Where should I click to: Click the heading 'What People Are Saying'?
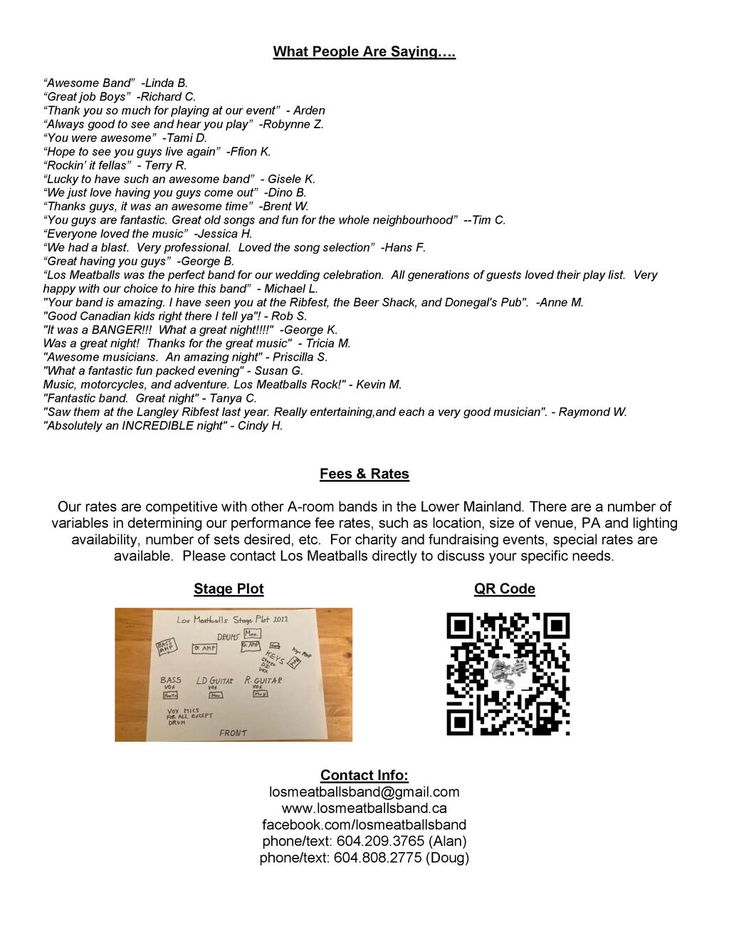click(364, 51)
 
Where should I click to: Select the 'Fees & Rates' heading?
click(364, 474)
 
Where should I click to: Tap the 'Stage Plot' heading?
click(229, 588)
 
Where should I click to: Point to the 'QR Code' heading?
click(504, 588)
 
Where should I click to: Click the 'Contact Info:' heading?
click(364, 775)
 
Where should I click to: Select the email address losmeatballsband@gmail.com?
click(364, 792)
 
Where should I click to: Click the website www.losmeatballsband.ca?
click(364, 808)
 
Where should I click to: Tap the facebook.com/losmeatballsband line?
click(364, 824)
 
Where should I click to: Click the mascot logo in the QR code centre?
click(507, 672)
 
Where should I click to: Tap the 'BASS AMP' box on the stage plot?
click(166, 647)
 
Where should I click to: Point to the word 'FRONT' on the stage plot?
click(233, 732)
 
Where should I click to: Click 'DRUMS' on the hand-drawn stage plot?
click(228, 636)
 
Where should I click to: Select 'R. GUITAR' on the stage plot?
click(263, 680)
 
